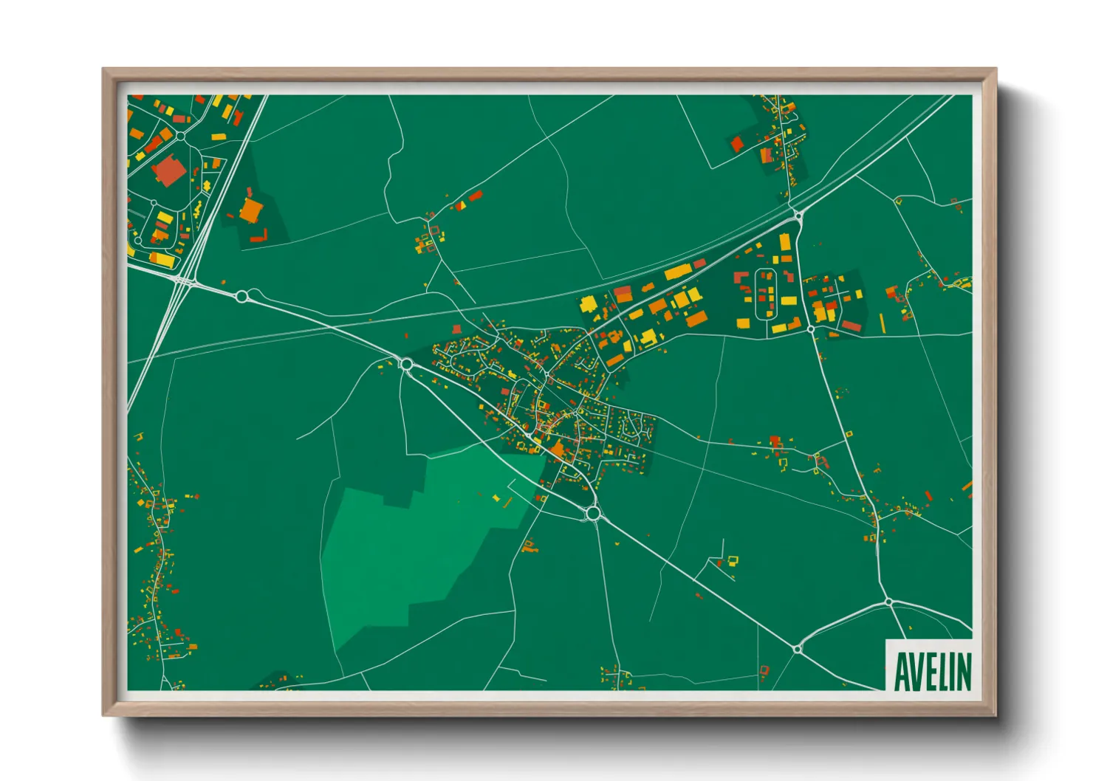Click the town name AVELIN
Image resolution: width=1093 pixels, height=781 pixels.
coord(933,670)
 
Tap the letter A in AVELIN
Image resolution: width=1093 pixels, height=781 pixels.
coord(902,670)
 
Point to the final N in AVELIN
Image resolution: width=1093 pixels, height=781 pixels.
coord(963,670)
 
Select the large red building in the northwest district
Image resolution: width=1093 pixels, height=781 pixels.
coord(169,171)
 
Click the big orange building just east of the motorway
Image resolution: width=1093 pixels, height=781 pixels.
coord(250,210)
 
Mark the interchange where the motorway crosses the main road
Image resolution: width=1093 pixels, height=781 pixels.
coord(185,281)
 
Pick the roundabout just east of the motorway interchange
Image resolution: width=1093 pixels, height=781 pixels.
coord(241,296)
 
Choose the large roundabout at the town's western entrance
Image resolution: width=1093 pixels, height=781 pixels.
coord(405,363)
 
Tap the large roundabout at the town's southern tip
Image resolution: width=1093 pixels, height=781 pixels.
coord(592,512)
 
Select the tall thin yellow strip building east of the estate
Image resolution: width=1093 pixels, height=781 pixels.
coord(882,323)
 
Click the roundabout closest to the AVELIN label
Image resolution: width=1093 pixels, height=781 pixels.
coord(889,602)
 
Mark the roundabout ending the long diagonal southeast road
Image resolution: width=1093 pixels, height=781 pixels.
coord(798,648)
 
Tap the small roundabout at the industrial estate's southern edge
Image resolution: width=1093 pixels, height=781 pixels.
coord(811,329)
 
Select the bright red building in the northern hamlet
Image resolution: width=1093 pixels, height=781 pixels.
coord(736,143)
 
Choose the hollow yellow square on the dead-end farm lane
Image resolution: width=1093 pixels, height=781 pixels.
coord(733,560)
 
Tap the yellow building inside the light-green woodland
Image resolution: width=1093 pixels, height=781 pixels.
coord(496,498)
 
